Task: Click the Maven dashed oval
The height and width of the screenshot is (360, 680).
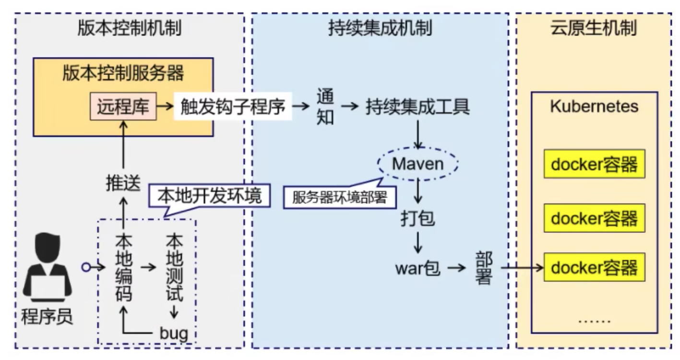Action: point(418,164)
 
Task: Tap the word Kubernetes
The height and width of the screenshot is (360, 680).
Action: point(594,106)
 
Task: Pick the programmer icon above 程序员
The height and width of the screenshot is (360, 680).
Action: point(48,266)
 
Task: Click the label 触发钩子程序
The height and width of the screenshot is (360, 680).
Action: point(233,106)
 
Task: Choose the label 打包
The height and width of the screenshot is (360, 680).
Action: point(418,218)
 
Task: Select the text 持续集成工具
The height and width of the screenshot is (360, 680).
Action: point(418,106)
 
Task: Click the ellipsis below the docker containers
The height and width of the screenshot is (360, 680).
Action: point(594,319)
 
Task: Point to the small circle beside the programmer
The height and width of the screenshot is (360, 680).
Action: point(86,267)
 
